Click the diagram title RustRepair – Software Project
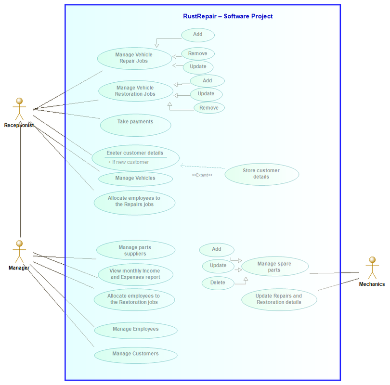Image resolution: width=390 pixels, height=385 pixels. tap(228, 16)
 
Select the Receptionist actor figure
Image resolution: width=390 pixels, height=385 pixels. tap(19, 109)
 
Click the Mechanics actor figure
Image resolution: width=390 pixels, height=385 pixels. tap(371, 268)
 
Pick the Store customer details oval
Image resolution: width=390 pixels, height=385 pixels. tap(261, 174)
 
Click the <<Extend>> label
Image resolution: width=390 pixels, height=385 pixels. tap(202, 175)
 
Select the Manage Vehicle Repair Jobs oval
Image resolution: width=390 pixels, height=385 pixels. tap(134, 58)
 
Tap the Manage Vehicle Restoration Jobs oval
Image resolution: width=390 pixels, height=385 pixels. tap(135, 91)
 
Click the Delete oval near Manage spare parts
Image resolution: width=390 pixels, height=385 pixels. tap(218, 282)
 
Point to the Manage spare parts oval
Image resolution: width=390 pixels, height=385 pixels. tap(274, 267)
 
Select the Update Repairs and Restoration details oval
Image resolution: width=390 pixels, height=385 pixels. tap(279, 299)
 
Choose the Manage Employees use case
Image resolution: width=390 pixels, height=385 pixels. tap(135, 330)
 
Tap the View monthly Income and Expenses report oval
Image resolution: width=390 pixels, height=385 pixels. tap(135, 274)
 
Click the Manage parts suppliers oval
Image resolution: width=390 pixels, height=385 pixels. tap(135, 250)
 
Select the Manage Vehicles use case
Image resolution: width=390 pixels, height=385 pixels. tap(135, 179)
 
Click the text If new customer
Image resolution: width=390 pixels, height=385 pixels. tap(129, 162)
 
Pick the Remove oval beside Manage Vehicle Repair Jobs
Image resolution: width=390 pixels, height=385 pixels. tap(198, 54)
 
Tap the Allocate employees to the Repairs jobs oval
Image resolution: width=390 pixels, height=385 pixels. tap(134, 202)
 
